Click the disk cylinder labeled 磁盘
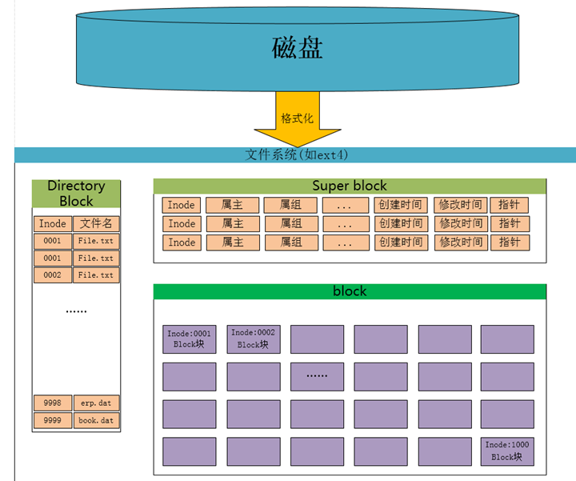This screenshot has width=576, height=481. [297, 49]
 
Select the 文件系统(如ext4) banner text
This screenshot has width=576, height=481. [296, 154]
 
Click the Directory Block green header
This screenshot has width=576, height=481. [76, 194]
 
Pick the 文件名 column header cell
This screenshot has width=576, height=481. [96, 223]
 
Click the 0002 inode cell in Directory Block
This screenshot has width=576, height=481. [53, 275]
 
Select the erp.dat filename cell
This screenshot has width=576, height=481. [97, 403]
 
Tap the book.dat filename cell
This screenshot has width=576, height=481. [97, 420]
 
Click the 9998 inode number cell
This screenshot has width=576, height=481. [53, 403]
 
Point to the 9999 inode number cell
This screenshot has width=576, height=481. [53, 420]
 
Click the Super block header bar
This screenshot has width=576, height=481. [350, 186]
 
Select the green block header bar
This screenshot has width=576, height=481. [350, 291]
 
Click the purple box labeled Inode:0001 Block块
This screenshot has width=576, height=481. [189, 339]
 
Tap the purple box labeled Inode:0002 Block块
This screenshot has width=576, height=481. [254, 339]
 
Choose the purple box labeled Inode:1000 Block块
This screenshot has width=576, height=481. [507, 451]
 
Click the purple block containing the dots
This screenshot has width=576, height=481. [317, 377]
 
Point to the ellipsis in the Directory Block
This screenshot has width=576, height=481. [76, 311]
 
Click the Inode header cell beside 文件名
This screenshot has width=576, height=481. [53, 223]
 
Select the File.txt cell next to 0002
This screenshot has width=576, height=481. [96, 275]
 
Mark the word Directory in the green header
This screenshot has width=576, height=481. [77, 186]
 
